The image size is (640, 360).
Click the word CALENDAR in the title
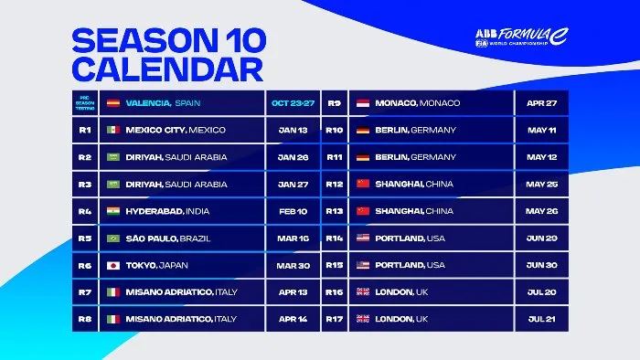166,68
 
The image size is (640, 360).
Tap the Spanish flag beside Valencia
113,103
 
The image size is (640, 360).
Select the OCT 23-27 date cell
292,103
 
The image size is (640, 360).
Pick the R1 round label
83,130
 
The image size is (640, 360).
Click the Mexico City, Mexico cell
176,130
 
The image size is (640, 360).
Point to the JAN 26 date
292,156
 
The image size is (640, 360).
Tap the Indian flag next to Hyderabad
113,211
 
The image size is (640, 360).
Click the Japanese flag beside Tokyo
113,265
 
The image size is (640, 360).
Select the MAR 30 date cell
292,265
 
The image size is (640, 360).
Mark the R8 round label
83,319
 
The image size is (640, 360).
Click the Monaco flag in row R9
362,103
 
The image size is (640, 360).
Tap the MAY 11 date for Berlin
542,130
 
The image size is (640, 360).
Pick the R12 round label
334,184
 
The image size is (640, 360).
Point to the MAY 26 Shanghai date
542,211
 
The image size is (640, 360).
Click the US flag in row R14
362,238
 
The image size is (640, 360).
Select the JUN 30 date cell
542,265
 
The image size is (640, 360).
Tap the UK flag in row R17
362,319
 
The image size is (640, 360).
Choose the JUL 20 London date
542,291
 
